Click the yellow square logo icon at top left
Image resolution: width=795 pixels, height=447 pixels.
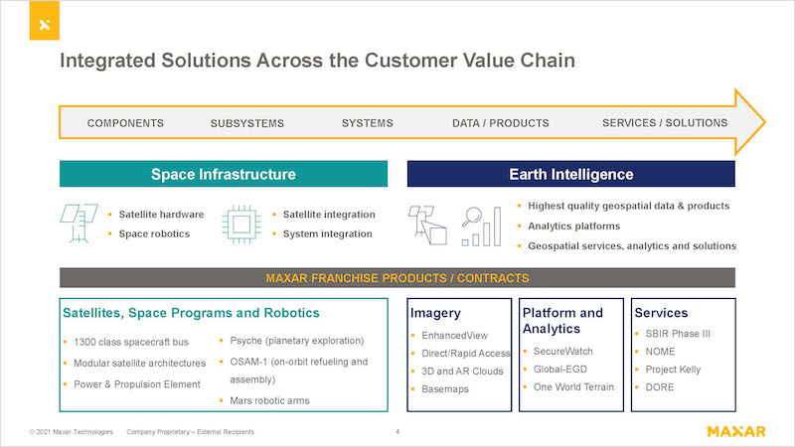click(x=44, y=20)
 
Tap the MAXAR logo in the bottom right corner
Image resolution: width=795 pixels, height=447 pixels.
click(x=736, y=432)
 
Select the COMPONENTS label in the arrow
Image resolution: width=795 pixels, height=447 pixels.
click(x=125, y=123)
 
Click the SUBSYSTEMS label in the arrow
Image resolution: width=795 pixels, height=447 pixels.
click(x=246, y=123)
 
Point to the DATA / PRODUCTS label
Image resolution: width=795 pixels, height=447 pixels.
click(x=501, y=123)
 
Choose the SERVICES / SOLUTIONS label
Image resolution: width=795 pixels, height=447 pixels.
click(x=665, y=122)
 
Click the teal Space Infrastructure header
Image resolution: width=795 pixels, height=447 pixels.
click(x=224, y=174)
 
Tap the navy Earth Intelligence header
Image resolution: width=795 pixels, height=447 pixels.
click(x=570, y=174)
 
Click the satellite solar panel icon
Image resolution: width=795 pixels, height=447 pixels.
click(x=79, y=223)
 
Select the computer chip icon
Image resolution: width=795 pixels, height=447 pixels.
click(x=241, y=224)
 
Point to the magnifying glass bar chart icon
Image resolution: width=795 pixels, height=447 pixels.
click(x=482, y=226)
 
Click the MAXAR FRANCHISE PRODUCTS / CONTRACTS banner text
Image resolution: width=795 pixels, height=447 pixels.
click(x=397, y=278)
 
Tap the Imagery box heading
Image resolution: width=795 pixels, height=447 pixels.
click(x=435, y=313)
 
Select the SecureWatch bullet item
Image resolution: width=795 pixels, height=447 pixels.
click(x=562, y=352)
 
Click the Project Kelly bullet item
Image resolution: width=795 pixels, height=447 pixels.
click(x=673, y=370)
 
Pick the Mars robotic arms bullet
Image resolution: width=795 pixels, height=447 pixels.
click(x=269, y=401)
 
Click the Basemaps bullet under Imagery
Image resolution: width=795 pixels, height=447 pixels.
click(x=445, y=389)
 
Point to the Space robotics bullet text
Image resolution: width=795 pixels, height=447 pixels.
click(x=154, y=233)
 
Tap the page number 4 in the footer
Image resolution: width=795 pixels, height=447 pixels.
click(x=397, y=432)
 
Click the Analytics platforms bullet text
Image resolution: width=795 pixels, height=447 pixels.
click(x=574, y=226)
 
